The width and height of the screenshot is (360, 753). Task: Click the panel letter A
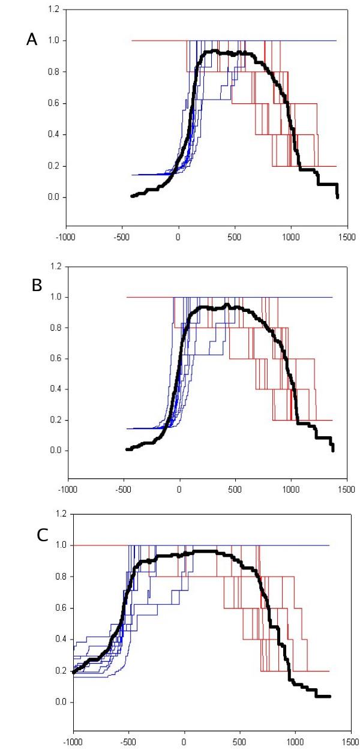point(32,40)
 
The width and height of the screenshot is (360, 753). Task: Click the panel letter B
point(37,285)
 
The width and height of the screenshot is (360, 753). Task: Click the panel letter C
point(42,535)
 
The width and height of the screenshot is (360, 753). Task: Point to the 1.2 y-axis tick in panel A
point(53,10)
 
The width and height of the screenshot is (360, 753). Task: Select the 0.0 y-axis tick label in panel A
point(53,197)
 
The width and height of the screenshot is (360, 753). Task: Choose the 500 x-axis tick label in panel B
point(235,489)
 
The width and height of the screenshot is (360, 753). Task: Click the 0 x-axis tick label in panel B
point(179,489)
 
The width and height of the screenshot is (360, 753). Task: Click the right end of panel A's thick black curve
point(338,197)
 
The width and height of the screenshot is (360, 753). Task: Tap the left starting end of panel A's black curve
point(132,196)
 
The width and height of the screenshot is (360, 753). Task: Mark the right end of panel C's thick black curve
point(330,697)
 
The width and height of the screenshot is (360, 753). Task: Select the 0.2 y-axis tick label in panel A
point(53,166)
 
